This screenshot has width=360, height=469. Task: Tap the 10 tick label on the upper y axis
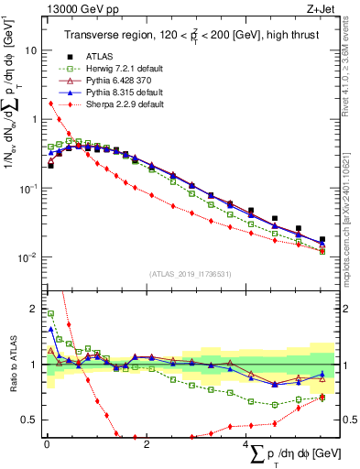pyautogui.click(x=30, y=51)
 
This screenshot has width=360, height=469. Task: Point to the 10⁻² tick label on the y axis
pyautogui.click(x=27, y=256)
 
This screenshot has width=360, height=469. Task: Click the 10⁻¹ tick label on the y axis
pyautogui.click(x=27, y=188)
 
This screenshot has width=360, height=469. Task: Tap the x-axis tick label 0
pyautogui.click(x=47, y=444)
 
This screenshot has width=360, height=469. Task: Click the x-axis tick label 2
pyautogui.click(x=147, y=444)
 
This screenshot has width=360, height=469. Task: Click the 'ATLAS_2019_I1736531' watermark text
pyautogui.click(x=190, y=274)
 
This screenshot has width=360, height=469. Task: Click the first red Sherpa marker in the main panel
pyautogui.click(x=50, y=129)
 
